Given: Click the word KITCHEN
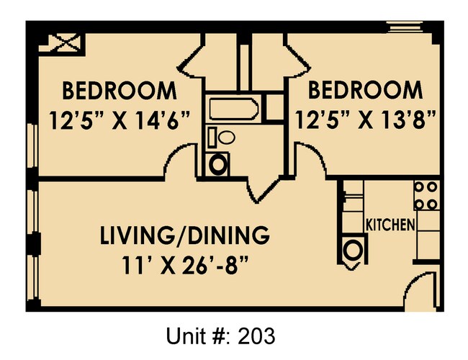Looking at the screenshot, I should (x=391, y=224).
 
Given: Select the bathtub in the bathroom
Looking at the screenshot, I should (x=233, y=110).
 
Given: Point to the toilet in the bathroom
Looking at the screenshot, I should (x=225, y=137).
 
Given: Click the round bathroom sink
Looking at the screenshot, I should (x=218, y=163).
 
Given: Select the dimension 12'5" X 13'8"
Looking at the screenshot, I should (x=364, y=119).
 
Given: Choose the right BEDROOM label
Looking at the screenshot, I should (x=365, y=91).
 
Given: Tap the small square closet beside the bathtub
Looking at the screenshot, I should (x=274, y=108).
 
